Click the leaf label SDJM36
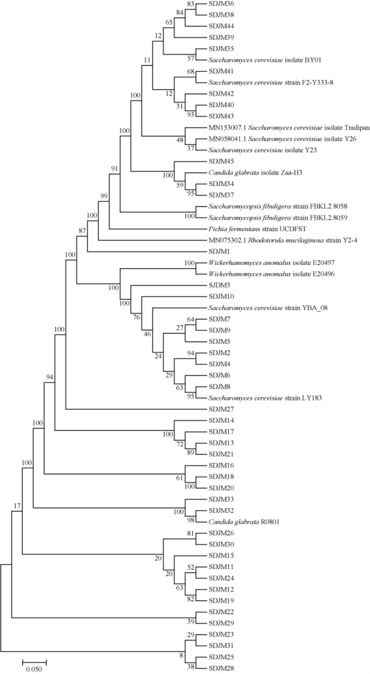point(221,4)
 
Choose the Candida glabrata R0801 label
point(244,522)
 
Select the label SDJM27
point(221,409)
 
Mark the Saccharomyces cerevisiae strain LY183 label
point(265,398)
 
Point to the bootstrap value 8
point(182,654)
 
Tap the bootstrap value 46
point(147,334)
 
